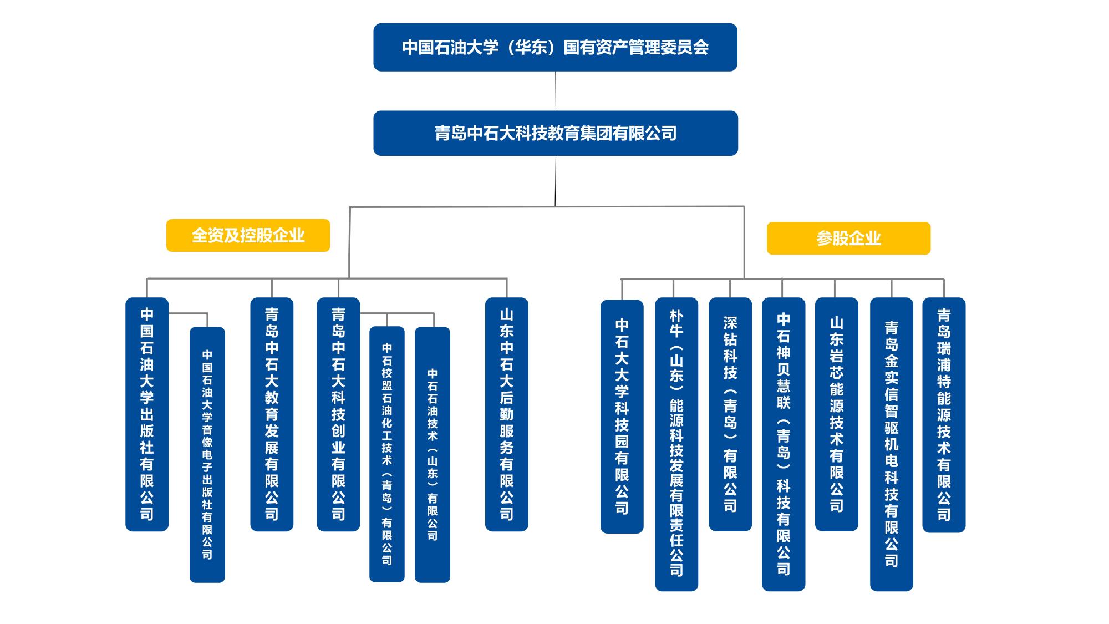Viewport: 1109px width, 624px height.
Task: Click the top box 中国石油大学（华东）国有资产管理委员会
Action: [x=555, y=47]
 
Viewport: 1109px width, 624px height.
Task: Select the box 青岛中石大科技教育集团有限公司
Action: [x=555, y=133]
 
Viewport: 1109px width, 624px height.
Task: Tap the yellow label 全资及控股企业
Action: [x=248, y=235]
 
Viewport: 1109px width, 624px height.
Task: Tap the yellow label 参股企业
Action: [x=848, y=239]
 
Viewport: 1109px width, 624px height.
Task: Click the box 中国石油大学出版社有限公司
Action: [x=147, y=414]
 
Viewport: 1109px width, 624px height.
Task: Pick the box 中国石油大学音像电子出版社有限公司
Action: [x=207, y=454]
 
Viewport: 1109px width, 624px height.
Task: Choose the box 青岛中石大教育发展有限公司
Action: [x=272, y=414]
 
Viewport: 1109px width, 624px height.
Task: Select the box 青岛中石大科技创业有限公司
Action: [x=338, y=414]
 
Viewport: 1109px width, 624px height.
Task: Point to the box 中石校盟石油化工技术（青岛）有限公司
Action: [x=387, y=454]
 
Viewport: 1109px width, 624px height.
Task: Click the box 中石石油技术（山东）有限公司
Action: [x=433, y=454]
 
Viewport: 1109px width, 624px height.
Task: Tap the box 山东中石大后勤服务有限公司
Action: [x=506, y=414]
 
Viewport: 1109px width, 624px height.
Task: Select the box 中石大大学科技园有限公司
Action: [x=622, y=417]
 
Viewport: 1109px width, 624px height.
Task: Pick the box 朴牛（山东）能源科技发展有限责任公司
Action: [x=676, y=444]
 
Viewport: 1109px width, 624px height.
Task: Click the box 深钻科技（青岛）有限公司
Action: [x=730, y=414]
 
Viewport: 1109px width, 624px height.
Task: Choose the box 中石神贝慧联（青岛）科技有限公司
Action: [x=783, y=444]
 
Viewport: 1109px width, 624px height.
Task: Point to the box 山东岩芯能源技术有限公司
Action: [x=836, y=414]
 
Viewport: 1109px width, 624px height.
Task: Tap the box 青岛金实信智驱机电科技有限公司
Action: [x=891, y=444]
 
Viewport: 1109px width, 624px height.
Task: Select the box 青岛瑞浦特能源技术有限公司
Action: [x=944, y=414]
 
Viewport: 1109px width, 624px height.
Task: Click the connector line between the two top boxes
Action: [x=556, y=91]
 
